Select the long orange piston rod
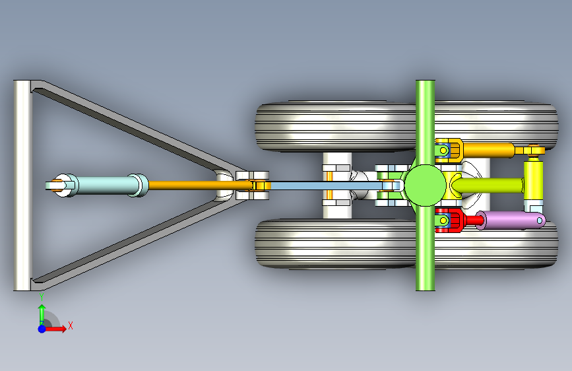click(x=185, y=185)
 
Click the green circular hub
click(x=424, y=185)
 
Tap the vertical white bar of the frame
click(x=22, y=185)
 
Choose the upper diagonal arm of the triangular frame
click(x=132, y=125)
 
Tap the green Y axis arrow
click(x=42, y=312)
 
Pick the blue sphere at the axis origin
click(x=42, y=328)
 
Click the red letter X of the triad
click(x=70, y=325)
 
